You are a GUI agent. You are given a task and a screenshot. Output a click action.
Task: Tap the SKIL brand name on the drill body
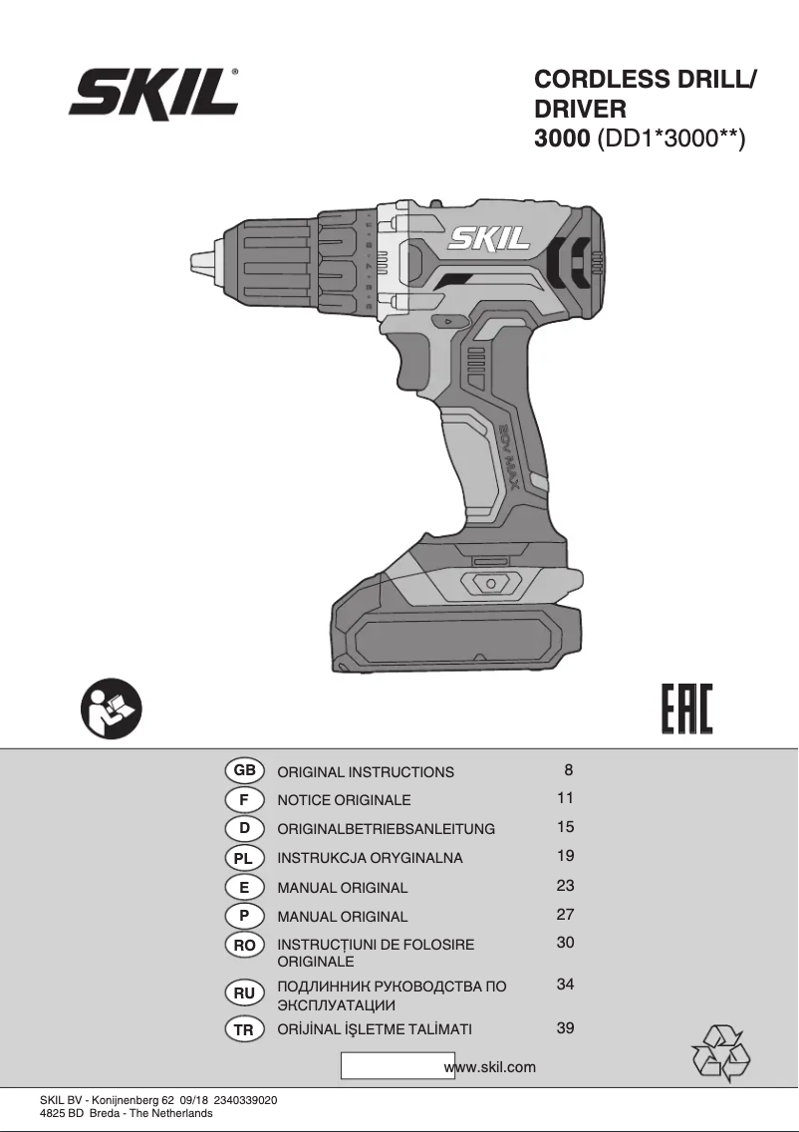point(488,239)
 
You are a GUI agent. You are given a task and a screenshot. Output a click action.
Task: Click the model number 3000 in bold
point(562,138)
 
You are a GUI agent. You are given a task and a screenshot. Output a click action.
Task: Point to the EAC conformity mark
point(686,708)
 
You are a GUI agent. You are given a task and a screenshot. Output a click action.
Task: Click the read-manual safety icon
point(112,708)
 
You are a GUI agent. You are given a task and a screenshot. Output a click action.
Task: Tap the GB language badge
point(245,770)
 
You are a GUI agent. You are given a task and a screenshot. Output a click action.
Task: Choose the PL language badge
point(244,858)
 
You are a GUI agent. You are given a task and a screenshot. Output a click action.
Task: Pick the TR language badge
point(244,1030)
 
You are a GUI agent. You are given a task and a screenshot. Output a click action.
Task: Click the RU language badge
point(244,993)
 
